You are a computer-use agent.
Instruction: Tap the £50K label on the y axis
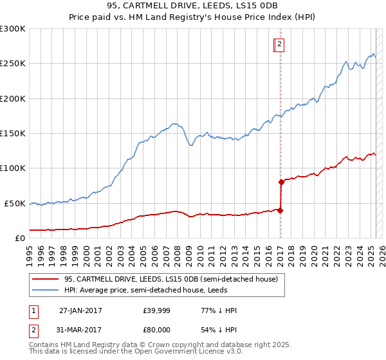point(15,203)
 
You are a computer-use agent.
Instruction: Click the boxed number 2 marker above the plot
point(280,44)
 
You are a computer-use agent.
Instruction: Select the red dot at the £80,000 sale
point(282,182)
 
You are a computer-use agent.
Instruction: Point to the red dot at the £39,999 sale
point(280,210)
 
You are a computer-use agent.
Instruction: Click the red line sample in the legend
point(44,279)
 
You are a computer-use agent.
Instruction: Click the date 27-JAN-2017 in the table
point(80,310)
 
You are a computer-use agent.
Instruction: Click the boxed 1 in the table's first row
point(33,310)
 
